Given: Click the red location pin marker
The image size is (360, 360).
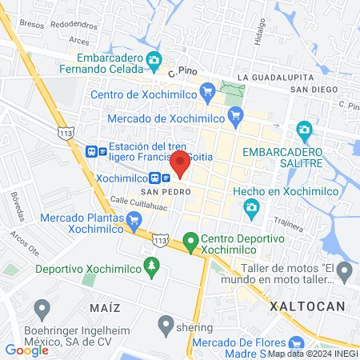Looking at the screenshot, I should point(179,163).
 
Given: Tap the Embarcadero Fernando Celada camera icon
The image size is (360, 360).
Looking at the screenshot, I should point(154,59).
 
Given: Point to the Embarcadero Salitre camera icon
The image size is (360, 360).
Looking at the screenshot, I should point(303,129).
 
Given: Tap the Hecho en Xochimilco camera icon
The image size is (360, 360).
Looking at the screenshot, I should point(251,208).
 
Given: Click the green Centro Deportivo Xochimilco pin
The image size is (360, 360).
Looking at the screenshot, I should point(190,239).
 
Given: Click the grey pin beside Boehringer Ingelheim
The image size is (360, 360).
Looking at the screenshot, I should point(42,307).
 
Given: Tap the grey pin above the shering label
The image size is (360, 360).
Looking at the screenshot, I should point(166,324).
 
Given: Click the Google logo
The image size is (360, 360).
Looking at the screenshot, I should point(26,350).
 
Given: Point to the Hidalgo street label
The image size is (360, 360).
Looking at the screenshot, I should point(258,33).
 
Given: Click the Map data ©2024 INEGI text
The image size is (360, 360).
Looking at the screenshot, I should point(312,353).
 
